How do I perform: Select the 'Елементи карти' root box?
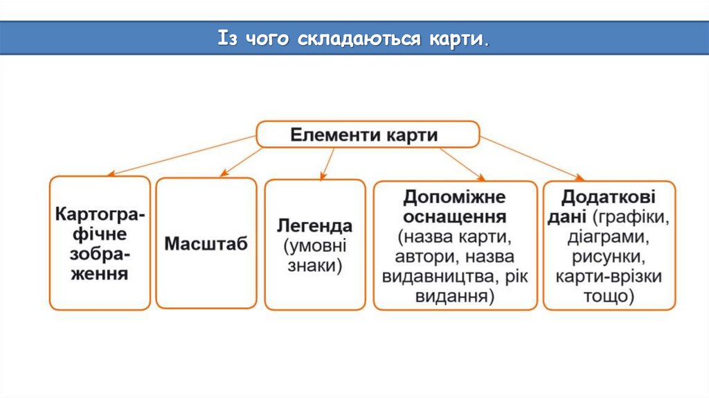point(367,134)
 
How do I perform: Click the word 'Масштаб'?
point(206,244)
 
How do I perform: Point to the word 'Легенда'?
point(315,226)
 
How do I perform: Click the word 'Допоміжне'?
point(455,197)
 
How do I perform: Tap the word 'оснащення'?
point(455,217)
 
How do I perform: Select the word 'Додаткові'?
point(609,197)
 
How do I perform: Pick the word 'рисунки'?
point(609,257)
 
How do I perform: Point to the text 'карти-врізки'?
point(609,277)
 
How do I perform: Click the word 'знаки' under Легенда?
point(315,266)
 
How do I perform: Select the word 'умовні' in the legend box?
point(315,246)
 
